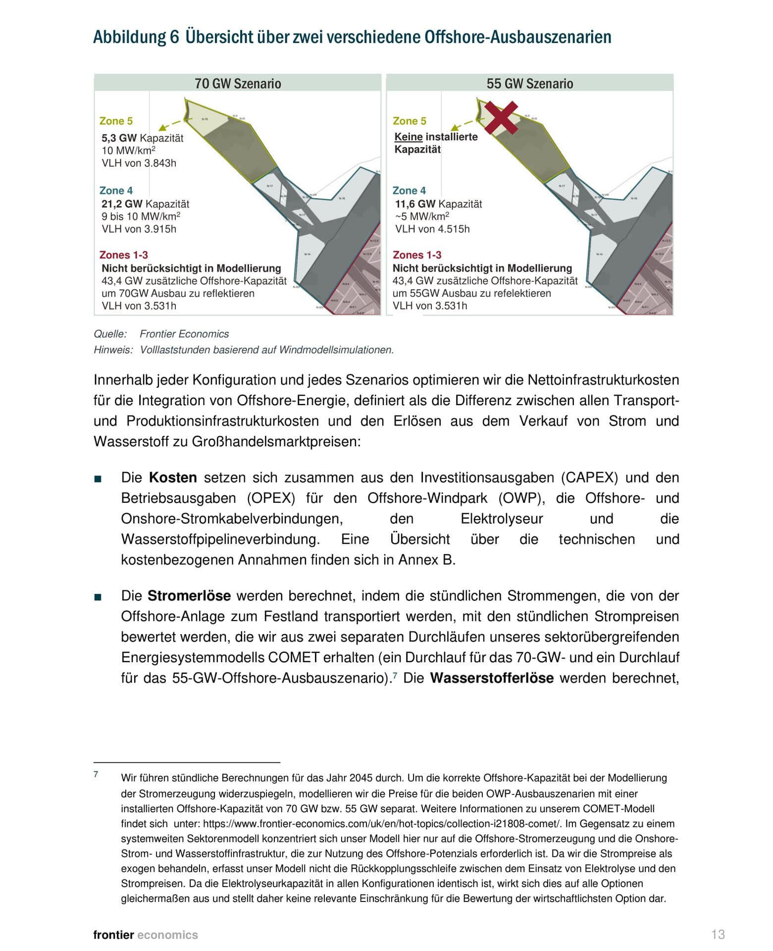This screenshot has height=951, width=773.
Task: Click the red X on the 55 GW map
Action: point(501,118)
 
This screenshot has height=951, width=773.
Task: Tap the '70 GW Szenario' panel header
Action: point(238,83)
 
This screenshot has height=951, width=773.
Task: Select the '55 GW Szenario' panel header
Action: point(529,83)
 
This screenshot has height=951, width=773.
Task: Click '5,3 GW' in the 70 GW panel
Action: point(119,138)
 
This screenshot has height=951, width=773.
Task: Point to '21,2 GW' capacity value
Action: point(122,204)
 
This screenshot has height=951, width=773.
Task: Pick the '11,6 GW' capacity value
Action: point(415,204)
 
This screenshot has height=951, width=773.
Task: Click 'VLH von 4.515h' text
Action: point(432,229)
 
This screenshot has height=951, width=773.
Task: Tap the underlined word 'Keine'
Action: point(409,137)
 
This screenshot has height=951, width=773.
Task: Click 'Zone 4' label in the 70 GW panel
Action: point(116,191)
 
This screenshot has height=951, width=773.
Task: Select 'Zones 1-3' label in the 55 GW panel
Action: point(417,255)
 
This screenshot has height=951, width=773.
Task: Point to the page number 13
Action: point(718,934)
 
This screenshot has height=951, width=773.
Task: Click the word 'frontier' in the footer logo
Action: point(113,935)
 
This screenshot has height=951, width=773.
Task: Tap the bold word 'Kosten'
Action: point(173,477)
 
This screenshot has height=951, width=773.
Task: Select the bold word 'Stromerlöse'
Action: point(189,595)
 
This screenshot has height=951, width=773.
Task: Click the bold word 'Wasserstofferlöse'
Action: point(491,678)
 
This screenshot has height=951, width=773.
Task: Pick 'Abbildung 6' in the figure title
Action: point(136,37)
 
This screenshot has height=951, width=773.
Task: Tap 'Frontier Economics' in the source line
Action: point(184,334)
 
